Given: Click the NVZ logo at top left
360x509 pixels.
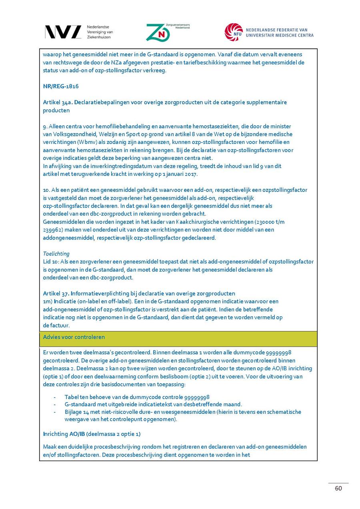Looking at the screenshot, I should click(62, 32).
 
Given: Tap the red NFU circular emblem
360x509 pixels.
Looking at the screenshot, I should click(233, 32).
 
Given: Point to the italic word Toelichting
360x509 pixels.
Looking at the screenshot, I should click(56, 254).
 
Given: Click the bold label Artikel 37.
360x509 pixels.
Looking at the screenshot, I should click(56, 293).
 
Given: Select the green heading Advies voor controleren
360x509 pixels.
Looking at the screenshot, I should click(74, 337).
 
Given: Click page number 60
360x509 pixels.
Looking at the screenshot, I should click(338, 488).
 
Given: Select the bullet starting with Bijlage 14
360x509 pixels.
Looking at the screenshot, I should click(183, 412).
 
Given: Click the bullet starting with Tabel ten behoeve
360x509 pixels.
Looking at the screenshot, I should click(137, 397).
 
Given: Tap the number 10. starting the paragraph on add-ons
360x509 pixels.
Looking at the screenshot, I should click(47, 190).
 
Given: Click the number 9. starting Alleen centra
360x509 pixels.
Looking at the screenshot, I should click(45, 126).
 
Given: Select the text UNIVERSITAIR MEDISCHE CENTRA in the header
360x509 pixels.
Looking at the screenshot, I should click(280, 35).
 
